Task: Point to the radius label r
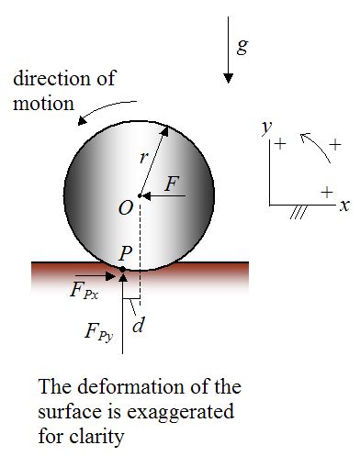click(144, 158)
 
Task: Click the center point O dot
click(140, 195)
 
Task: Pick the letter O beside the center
click(127, 208)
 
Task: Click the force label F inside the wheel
click(171, 184)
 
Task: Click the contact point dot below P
click(123, 270)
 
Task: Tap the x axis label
click(343, 206)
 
